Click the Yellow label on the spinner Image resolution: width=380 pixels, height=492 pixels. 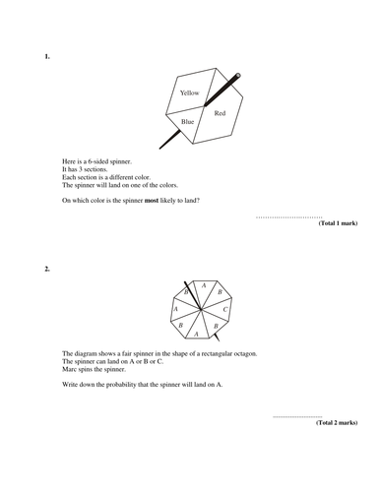(189, 92)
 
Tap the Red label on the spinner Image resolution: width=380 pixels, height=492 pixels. (220, 114)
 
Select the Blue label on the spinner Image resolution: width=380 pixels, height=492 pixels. (187, 121)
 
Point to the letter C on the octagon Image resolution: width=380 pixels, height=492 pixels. (225, 310)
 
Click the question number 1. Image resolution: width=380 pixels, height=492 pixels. (46, 56)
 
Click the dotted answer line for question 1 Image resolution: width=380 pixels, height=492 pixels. (288, 215)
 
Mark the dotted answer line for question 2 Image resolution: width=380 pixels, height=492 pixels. (296, 415)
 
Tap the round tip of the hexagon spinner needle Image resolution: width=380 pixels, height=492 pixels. (238, 75)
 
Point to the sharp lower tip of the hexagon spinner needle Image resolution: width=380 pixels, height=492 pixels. (161, 149)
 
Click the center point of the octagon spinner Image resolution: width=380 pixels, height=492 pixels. (200, 308)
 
